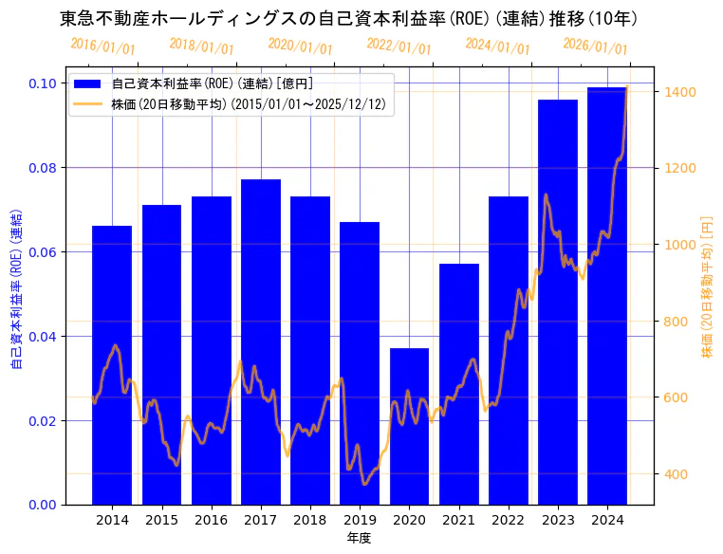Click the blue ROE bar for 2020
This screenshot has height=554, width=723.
[409, 426]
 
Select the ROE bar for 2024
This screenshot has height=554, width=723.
[607, 295]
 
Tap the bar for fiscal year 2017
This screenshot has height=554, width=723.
[261, 342]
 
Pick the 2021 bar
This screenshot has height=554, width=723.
[459, 383]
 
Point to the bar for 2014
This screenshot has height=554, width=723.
[112, 364]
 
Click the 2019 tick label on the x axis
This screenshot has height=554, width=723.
[360, 520]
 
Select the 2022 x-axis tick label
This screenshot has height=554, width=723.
[509, 520]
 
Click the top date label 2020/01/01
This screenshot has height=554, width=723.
[300, 46]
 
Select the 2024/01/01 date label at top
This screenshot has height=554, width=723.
[497, 46]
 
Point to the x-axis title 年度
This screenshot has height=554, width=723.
[360, 538]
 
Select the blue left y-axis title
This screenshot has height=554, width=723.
[16, 288]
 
